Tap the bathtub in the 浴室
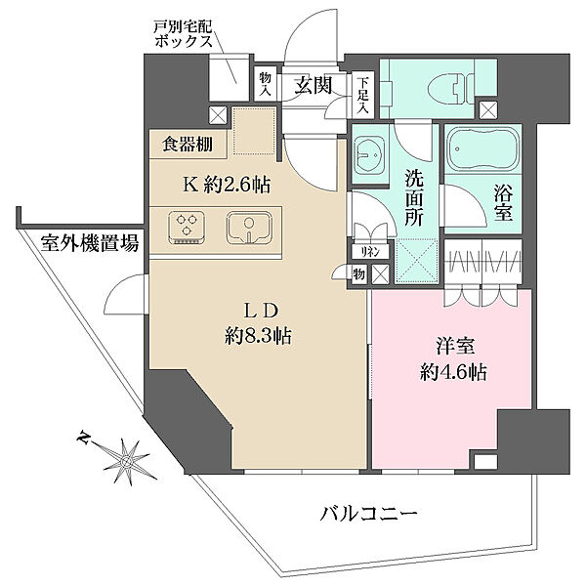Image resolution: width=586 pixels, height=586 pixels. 482,150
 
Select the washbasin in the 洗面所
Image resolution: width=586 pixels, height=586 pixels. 369,154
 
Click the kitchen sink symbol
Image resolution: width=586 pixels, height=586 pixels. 248,228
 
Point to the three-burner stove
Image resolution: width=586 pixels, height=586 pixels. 187,228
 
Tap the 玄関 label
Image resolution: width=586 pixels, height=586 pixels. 314,85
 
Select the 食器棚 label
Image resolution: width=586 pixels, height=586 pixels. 188,145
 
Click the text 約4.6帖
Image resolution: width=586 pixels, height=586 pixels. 453,372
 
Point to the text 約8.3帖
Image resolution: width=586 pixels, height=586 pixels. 259,336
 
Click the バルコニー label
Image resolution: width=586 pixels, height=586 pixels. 368,514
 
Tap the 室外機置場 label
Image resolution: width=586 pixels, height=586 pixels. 90,243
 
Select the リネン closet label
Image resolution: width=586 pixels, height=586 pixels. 370,252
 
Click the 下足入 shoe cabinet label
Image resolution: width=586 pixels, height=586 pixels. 362,96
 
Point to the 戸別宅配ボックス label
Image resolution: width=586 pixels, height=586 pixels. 184,33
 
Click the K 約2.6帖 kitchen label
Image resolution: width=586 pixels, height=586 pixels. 227,185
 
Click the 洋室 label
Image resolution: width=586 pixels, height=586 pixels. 455,346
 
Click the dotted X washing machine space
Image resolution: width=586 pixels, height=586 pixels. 417,261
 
